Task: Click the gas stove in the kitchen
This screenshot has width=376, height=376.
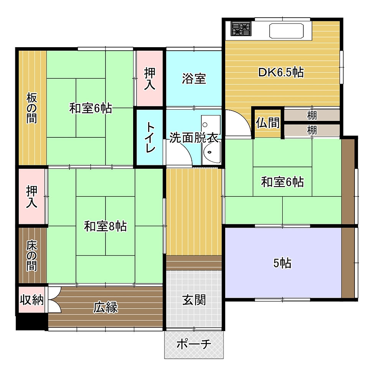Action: tap(241, 28)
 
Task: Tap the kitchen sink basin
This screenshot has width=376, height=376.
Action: tap(286, 31)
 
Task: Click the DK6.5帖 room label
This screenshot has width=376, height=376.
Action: tap(281, 72)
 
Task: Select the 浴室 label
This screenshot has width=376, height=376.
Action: tap(194, 78)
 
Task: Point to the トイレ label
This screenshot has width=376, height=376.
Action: tap(150, 137)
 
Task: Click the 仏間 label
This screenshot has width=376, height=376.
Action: tap(268, 123)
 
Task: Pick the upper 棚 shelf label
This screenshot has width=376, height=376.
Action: tap(312, 115)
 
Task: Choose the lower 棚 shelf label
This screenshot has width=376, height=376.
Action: tap(312, 130)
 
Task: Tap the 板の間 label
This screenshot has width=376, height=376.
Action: tap(31, 108)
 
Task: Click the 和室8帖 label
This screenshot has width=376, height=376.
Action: tap(105, 226)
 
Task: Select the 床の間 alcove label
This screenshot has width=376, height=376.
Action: tap(31, 256)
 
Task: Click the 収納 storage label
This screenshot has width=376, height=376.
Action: tap(31, 300)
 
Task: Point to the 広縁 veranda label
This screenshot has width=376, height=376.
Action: tap(106, 307)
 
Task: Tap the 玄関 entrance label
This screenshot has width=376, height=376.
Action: tap(194, 300)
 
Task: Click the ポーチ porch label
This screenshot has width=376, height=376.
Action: tap(194, 344)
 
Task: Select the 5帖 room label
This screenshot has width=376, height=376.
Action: tap(282, 263)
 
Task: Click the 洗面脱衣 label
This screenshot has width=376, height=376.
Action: tap(194, 137)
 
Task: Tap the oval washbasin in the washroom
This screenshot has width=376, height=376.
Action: tap(211, 152)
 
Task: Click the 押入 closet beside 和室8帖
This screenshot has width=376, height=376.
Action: tap(31, 196)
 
